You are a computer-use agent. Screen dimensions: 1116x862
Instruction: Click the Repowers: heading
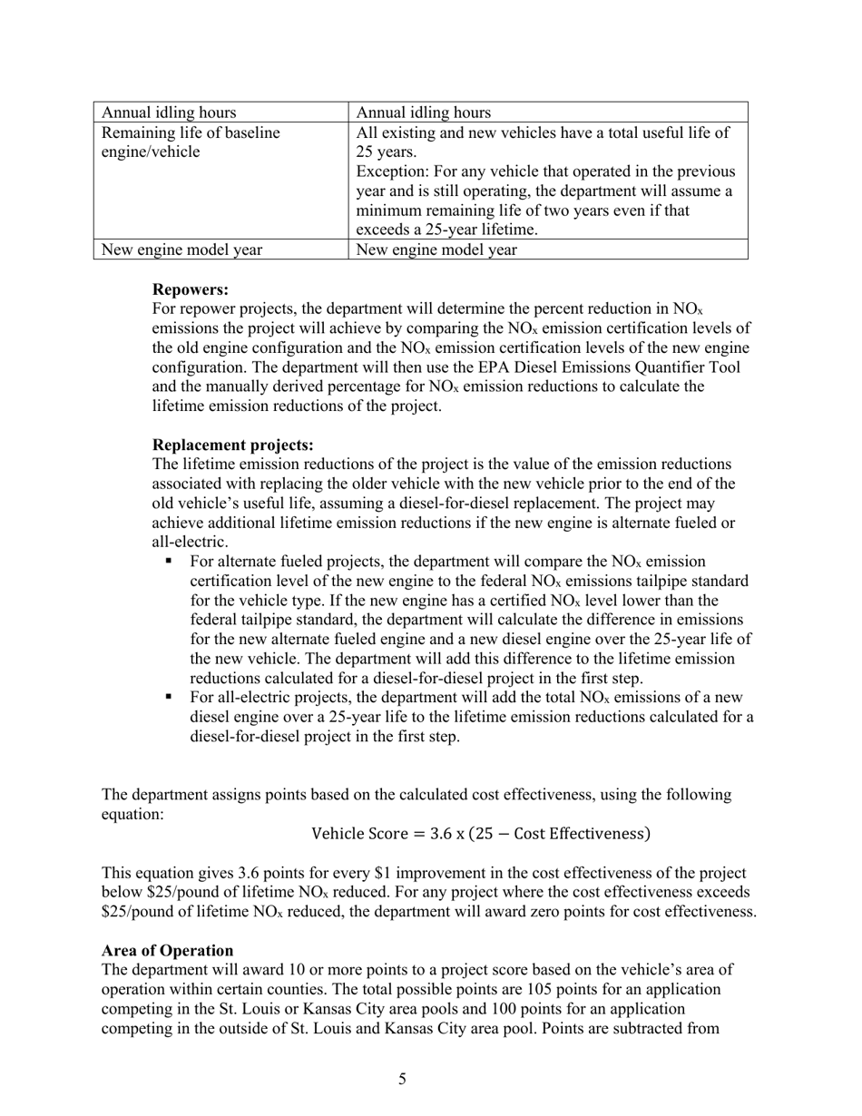coord(191,289)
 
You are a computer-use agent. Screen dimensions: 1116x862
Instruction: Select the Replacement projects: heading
coord(233,445)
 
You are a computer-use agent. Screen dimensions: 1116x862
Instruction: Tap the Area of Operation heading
coord(167,950)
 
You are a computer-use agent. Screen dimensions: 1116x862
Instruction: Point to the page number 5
coord(402,1079)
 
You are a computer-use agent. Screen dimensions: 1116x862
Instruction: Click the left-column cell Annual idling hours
coord(170,113)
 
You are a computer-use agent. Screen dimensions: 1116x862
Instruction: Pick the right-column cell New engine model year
coord(437,250)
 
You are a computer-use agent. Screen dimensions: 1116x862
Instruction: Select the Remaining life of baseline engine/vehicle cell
coord(191,142)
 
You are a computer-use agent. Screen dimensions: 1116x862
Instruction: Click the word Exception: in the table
coord(391,171)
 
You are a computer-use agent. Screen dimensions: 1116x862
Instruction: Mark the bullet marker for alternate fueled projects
coord(169,563)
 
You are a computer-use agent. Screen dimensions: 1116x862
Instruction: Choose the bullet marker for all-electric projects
coord(169,698)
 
